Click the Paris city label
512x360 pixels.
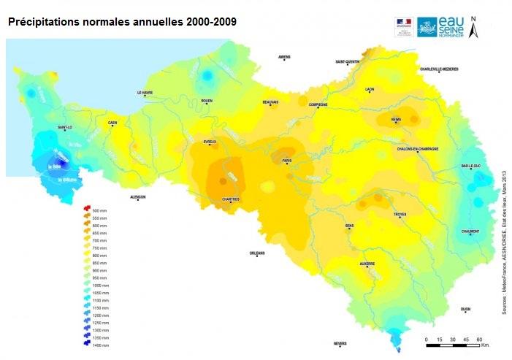(287, 160)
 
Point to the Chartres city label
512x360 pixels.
(231, 199)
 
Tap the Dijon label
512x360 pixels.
(465, 309)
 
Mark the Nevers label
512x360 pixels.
(340, 343)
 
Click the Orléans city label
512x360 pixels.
(256, 253)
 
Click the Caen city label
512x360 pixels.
(112, 123)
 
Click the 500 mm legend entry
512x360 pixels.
(96, 210)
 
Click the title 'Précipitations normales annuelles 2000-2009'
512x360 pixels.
(121, 22)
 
